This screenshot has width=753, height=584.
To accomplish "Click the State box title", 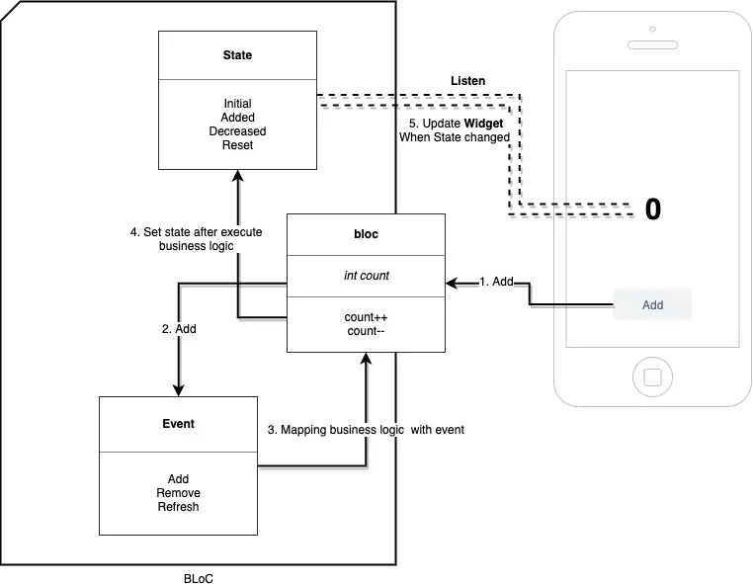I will tap(237, 55).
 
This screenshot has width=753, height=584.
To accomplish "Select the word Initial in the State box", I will tap(237, 104).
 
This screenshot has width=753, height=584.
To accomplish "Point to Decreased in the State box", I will tap(237, 131).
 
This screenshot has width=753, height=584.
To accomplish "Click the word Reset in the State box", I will tap(237, 145).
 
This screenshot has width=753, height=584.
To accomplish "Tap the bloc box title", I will tap(366, 235).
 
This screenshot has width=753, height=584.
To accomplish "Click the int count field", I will tap(366, 276).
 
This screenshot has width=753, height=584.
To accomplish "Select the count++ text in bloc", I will tap(366, 316).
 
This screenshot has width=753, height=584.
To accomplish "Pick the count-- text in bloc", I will tap(366, 331).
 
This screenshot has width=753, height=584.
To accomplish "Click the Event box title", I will tap(178, 423).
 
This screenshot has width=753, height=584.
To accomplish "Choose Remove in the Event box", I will tap(178, 493).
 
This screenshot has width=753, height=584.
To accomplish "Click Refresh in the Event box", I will tap(178, 507).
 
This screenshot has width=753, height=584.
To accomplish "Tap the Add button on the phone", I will tap(652, 304).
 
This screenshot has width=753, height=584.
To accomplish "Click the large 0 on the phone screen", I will tap(652, 209).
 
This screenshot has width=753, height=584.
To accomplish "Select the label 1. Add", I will tap(494, 282).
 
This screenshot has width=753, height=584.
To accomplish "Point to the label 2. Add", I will tap(178, 328).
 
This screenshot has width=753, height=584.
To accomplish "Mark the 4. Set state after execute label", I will tap(197, 232).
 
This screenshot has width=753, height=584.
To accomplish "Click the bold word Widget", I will tap(483, 124).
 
